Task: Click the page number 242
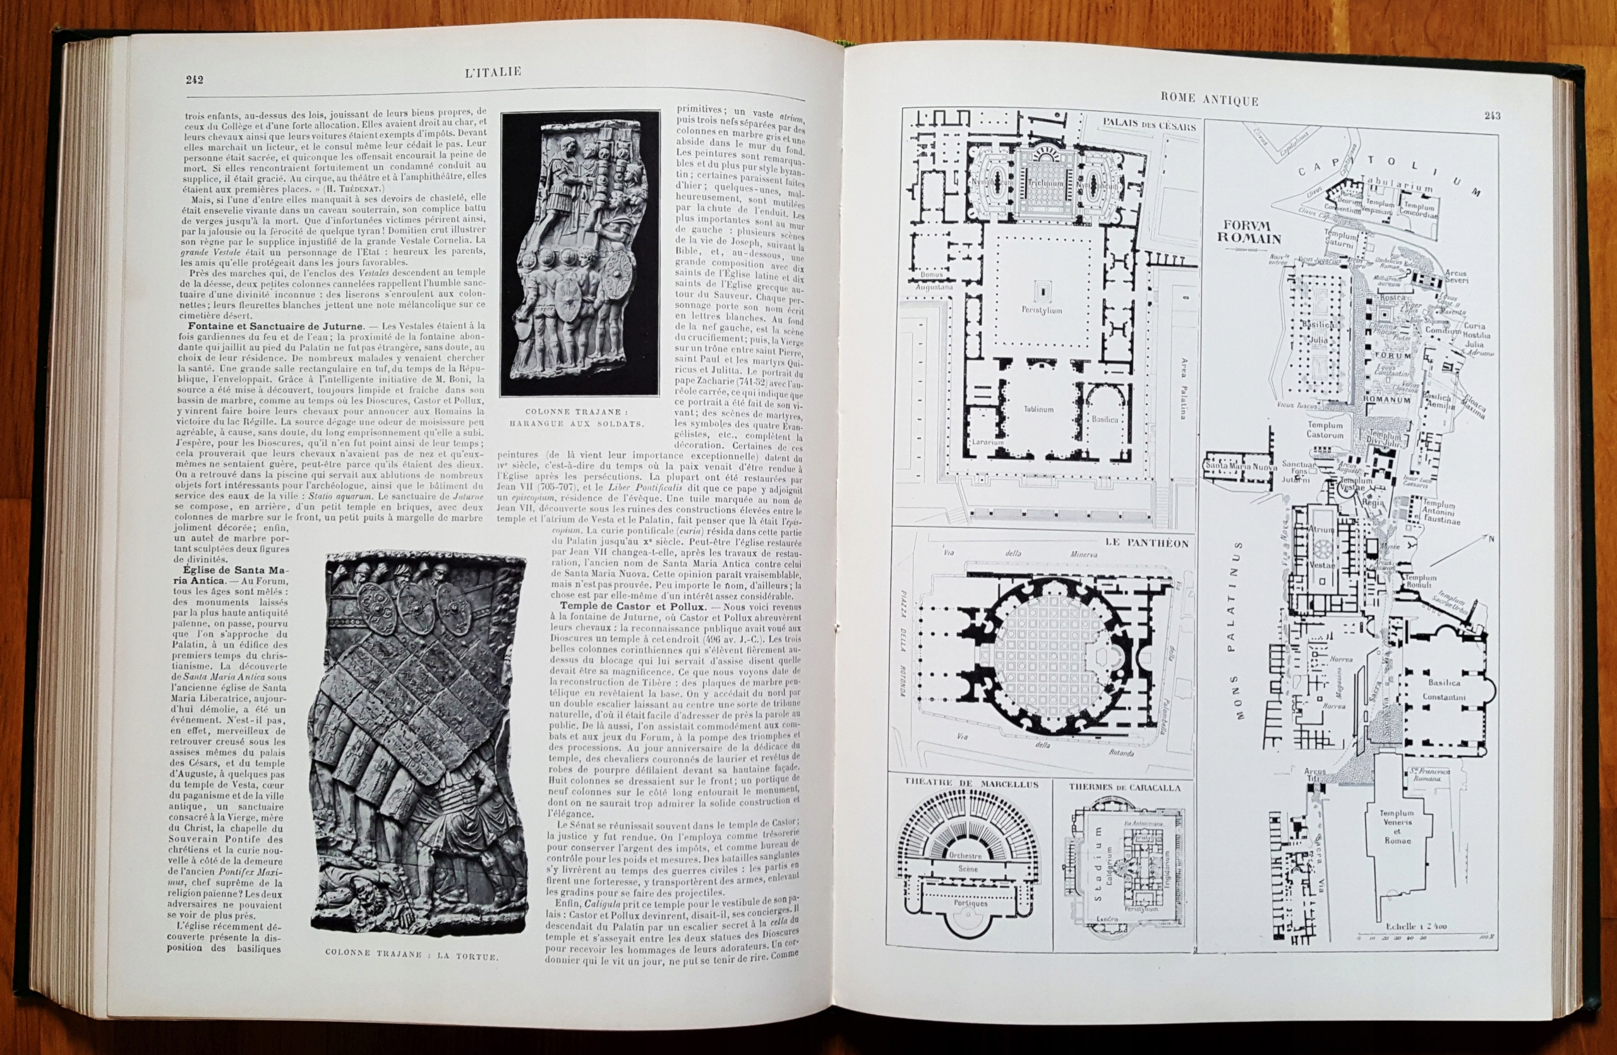[x=195, y=80]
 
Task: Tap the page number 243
[x=1491, y=116]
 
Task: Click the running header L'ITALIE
[x=493, y=72]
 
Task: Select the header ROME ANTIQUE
[x=1210, y=100]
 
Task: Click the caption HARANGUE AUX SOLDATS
[x=576, y=424]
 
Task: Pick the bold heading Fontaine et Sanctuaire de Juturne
[x=276, y=326]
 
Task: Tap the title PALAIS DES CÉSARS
[x=1149, y=124]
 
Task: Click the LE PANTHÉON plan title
[x=1147, y=543]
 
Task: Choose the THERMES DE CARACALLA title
[x=1124, y=788]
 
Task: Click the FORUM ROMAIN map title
[x=1249, y=232]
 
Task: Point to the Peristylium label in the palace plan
[x=1041, y=310]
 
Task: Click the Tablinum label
[x=1038, y=409]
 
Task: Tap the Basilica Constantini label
[x=1443, y=689]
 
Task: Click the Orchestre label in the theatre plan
[x=965, y=855]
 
